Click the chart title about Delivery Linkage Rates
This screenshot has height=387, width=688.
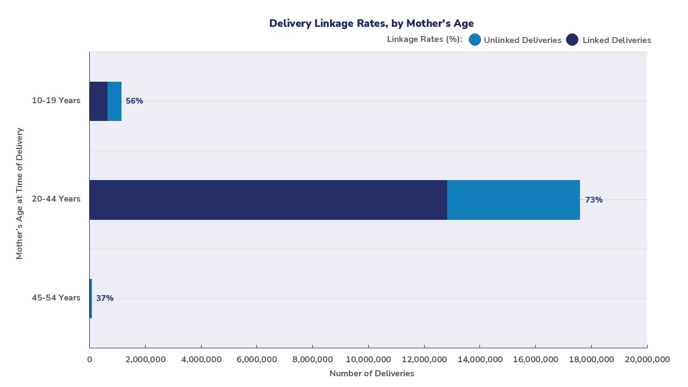[371, 23]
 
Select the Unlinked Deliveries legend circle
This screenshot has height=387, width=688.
[475, 40]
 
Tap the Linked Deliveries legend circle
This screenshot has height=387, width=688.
[572, 40]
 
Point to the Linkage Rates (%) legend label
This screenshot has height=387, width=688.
[424, 39]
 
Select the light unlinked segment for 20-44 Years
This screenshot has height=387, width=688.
[513, 200]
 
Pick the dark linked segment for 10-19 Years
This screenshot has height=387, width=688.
[98, 101]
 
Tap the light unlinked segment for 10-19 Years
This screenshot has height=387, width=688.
[114, 101]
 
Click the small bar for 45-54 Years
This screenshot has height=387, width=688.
[91, 298]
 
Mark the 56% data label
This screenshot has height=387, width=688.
[134, 101]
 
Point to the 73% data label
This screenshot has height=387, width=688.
[594, 200]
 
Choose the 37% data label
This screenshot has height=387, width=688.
[105, 298]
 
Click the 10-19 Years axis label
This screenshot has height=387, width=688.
[56, 101]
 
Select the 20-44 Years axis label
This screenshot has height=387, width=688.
[56, 199]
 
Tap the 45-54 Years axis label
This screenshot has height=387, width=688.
[56, 298]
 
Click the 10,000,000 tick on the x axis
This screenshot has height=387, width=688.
[368, 359]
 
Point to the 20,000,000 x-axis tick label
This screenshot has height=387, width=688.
[647, 359]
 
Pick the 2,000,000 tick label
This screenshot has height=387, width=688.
[145, 359]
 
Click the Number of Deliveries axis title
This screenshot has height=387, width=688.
[371, 374]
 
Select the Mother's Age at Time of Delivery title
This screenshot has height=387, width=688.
[20, 193]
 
